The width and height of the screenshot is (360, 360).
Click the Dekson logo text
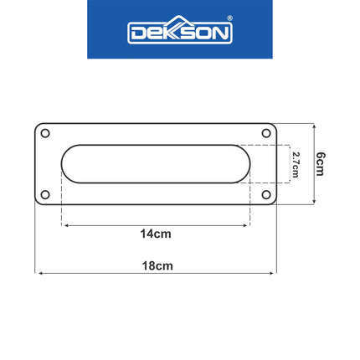pos(179,33)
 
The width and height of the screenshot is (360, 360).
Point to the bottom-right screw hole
pos(267,195)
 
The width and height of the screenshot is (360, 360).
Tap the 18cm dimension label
pos(157,265)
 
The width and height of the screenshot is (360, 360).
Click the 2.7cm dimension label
pos(295,164)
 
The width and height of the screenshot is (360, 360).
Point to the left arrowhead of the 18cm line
pos(38,272)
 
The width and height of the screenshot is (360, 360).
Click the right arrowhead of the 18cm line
pos(274,272)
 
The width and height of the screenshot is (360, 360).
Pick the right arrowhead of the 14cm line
pos(247,224)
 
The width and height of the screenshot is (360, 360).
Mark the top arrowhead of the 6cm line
pos(312,126)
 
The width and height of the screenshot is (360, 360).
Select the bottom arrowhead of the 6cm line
pos(312,202)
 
